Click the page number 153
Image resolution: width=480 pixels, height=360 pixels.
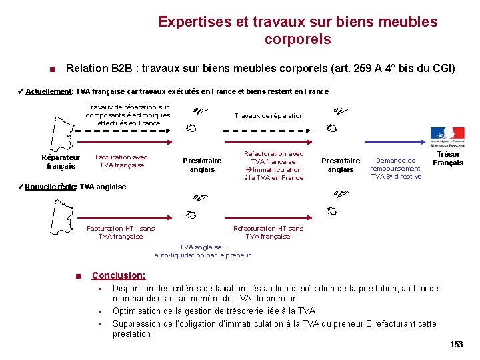456,345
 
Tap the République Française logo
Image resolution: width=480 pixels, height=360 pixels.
447,135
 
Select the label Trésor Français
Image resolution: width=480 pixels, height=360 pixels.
448,159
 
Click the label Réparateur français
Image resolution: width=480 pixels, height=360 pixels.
61,162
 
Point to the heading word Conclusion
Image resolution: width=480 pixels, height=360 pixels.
119,275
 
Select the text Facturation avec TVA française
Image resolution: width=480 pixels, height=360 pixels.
121,161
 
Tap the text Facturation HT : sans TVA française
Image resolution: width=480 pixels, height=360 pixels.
121,232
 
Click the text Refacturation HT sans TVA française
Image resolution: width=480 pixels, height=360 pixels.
268,232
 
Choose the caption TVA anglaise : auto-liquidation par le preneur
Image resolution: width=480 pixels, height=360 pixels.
203,251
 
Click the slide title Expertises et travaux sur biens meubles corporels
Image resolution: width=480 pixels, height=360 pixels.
297,31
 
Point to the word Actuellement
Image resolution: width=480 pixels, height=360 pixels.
49,91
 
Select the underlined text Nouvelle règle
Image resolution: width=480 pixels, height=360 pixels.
50,187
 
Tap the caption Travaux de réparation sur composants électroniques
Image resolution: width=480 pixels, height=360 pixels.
128,115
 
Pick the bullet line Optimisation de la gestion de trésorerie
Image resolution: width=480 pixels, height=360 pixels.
214,311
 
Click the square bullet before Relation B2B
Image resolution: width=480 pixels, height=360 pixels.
51,69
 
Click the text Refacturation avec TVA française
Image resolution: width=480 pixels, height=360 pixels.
273,165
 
